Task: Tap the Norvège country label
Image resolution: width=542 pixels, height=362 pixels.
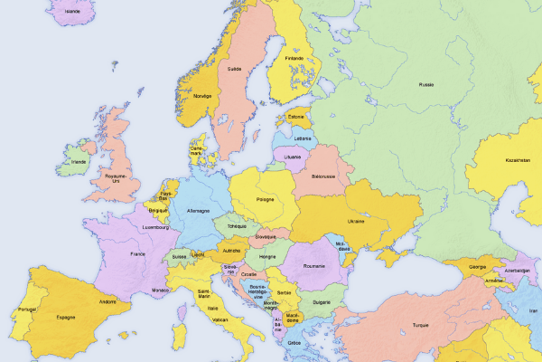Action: (201, 95)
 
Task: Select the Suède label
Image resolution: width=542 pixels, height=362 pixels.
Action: (235, 68)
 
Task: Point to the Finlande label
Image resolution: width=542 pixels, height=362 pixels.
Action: (294, 59)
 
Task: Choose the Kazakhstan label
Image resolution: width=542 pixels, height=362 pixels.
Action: (518, 160)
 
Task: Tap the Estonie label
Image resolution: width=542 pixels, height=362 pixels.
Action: (296, 117)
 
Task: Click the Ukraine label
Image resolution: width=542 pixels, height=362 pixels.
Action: (357, 221)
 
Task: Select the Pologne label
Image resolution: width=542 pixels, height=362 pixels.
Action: (266, 199)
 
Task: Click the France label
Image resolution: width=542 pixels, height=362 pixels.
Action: (137, 254)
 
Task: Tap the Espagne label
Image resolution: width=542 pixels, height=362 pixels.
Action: (65, 317)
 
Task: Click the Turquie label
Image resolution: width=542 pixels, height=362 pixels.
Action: (420, 325)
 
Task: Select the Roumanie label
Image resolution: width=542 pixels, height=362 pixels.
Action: (313, 266)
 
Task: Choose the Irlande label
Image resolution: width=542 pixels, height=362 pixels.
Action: (79, 163)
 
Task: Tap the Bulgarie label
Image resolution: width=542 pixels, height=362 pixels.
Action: (321, 301)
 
